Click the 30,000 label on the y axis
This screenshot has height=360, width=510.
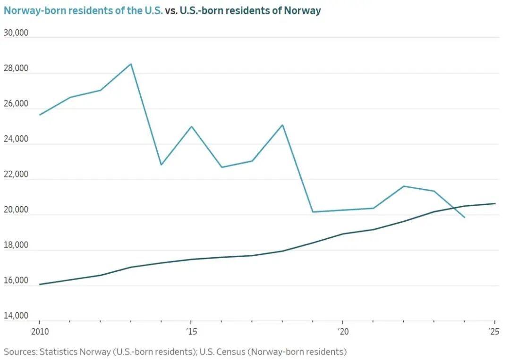(16, 33)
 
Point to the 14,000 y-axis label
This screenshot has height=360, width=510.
(16, 316)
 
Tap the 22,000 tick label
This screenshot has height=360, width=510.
(16, 175)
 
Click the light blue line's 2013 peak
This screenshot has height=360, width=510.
(131, 64)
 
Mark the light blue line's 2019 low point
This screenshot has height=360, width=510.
(313, 212)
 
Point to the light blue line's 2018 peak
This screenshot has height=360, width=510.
(282, 125)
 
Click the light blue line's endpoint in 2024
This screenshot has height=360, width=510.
(465, 218)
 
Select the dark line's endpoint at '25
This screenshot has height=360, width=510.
(495, 203)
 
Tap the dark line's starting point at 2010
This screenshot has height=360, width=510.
(40, 285)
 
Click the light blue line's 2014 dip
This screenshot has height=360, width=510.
(161, 165)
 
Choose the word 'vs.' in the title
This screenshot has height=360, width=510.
(171, 10)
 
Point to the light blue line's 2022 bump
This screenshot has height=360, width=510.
(404, 186)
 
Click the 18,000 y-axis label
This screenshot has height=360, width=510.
(16, 245)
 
